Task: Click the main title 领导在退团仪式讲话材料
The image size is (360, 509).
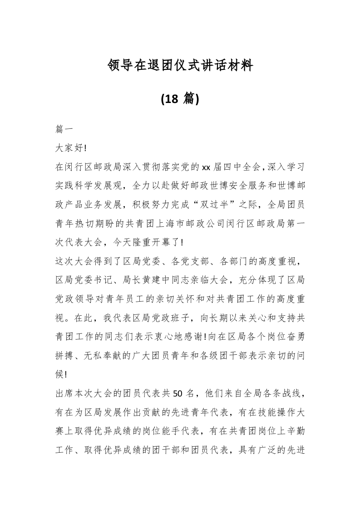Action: pyautogui.click(x=180, y=66)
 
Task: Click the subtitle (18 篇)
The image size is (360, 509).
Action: pyautogui.click(x=180, y=98)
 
